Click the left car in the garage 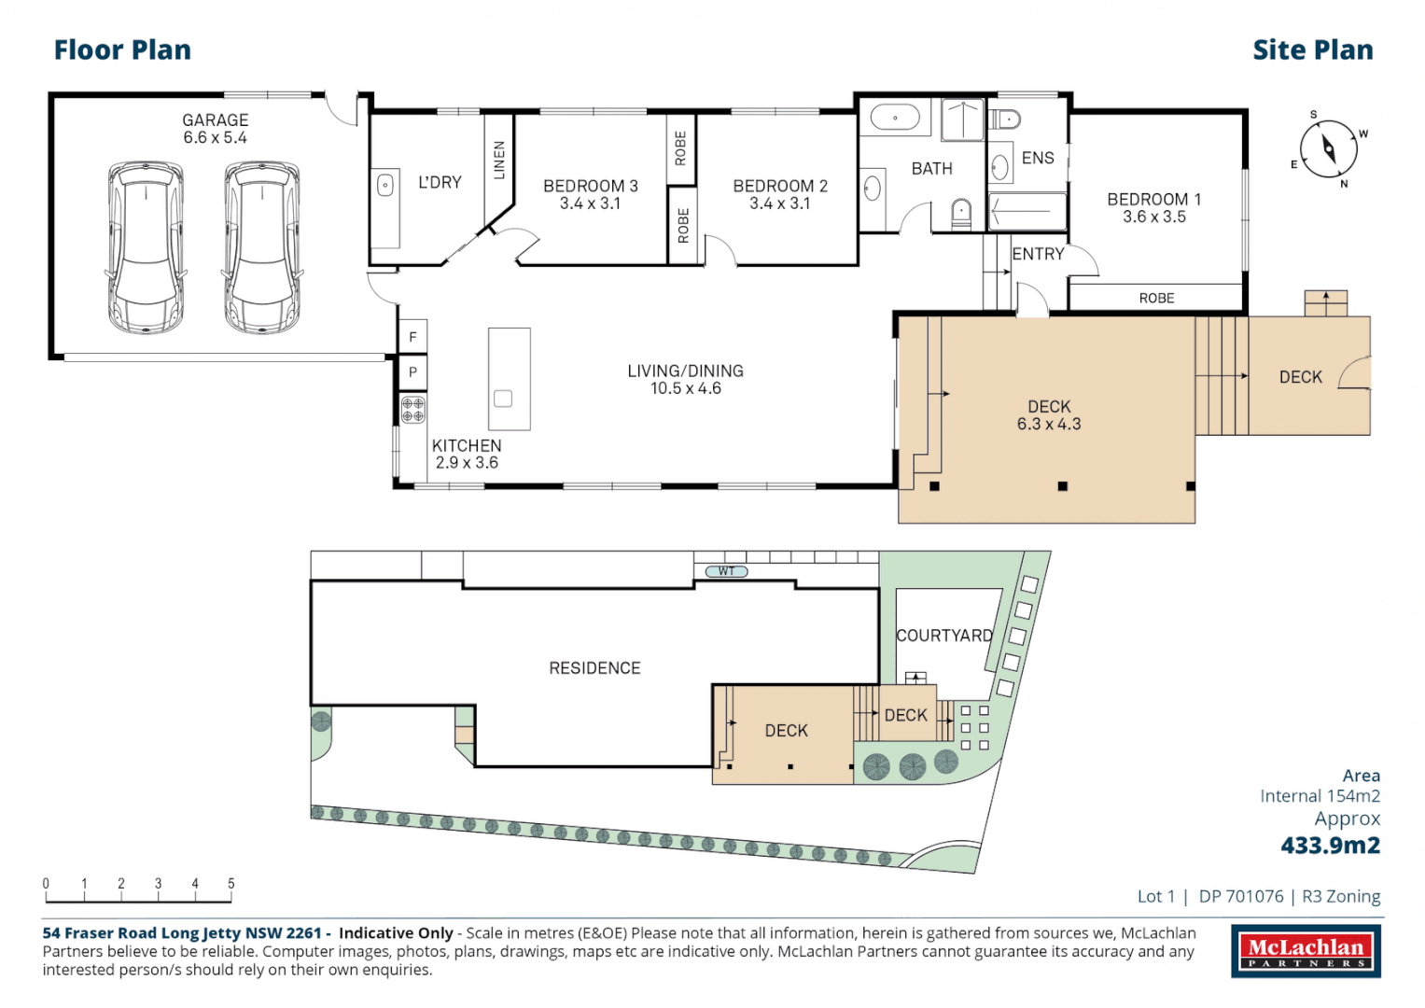pyautogui.click(x=146, y=247)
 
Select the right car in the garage pyautogui.click(x=262, y=247)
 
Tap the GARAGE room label pyautogui.click(x=216, y=120)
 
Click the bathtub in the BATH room pyautogui.click(x=895, y=119)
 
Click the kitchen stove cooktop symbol pyautogui.click(x=412, y=409)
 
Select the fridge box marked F pyautogui.click(x=412, y=337)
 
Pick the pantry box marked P pyautogui.click(x=412, y=372)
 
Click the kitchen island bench pyautogui.click(x=509, y=378)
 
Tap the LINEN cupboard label pyautogui.click(x=498, y=160)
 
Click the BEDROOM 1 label pyautogui.click(x=1153, y=200)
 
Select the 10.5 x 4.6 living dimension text pyautogui.click(x=685, y=388)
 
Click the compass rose pyautogui.click(x=1328, y=149)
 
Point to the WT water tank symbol pyautogui.click(x=726, y=571)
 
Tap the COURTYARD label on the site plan pyautogui.click(x=943, y=636)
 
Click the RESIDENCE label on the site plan pyautogui.click(x=594, y=668)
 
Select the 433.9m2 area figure pyautogui.click(x=1330, y=846)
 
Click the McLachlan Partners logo pyautogui.click(x=1306, y=951)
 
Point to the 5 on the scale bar pyautogui.click(x=231, y=883)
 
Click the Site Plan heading pyautogui.click(x=1312, y=50)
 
